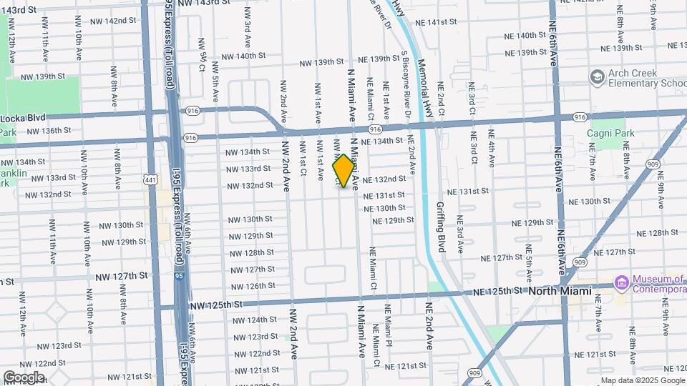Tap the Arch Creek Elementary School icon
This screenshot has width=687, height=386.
click(x=598, y=76)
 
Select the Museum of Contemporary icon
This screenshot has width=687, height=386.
click(x=620, y=284)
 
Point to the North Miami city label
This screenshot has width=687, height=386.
click(x=560, y=291)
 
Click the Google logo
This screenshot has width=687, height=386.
click(x=24, y=377)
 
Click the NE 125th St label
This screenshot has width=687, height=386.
click(x=499, y=292)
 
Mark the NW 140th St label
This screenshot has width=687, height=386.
click(x=243, y=56)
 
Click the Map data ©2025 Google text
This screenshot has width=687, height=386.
click(x=641, y=380)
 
